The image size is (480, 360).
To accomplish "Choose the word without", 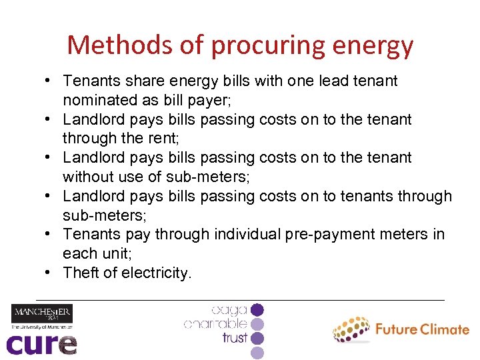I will pyautogui.click(x=85, y=177).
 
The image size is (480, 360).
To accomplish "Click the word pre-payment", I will pyautogui.click(x=327, y=234).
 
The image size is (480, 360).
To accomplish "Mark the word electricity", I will pyautogui.click(x=157, y=273).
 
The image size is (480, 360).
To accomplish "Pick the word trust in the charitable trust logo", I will pyautogui.click(x=235, y=338).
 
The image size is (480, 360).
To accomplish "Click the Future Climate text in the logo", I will pyautogui.click(x=422, y=329).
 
